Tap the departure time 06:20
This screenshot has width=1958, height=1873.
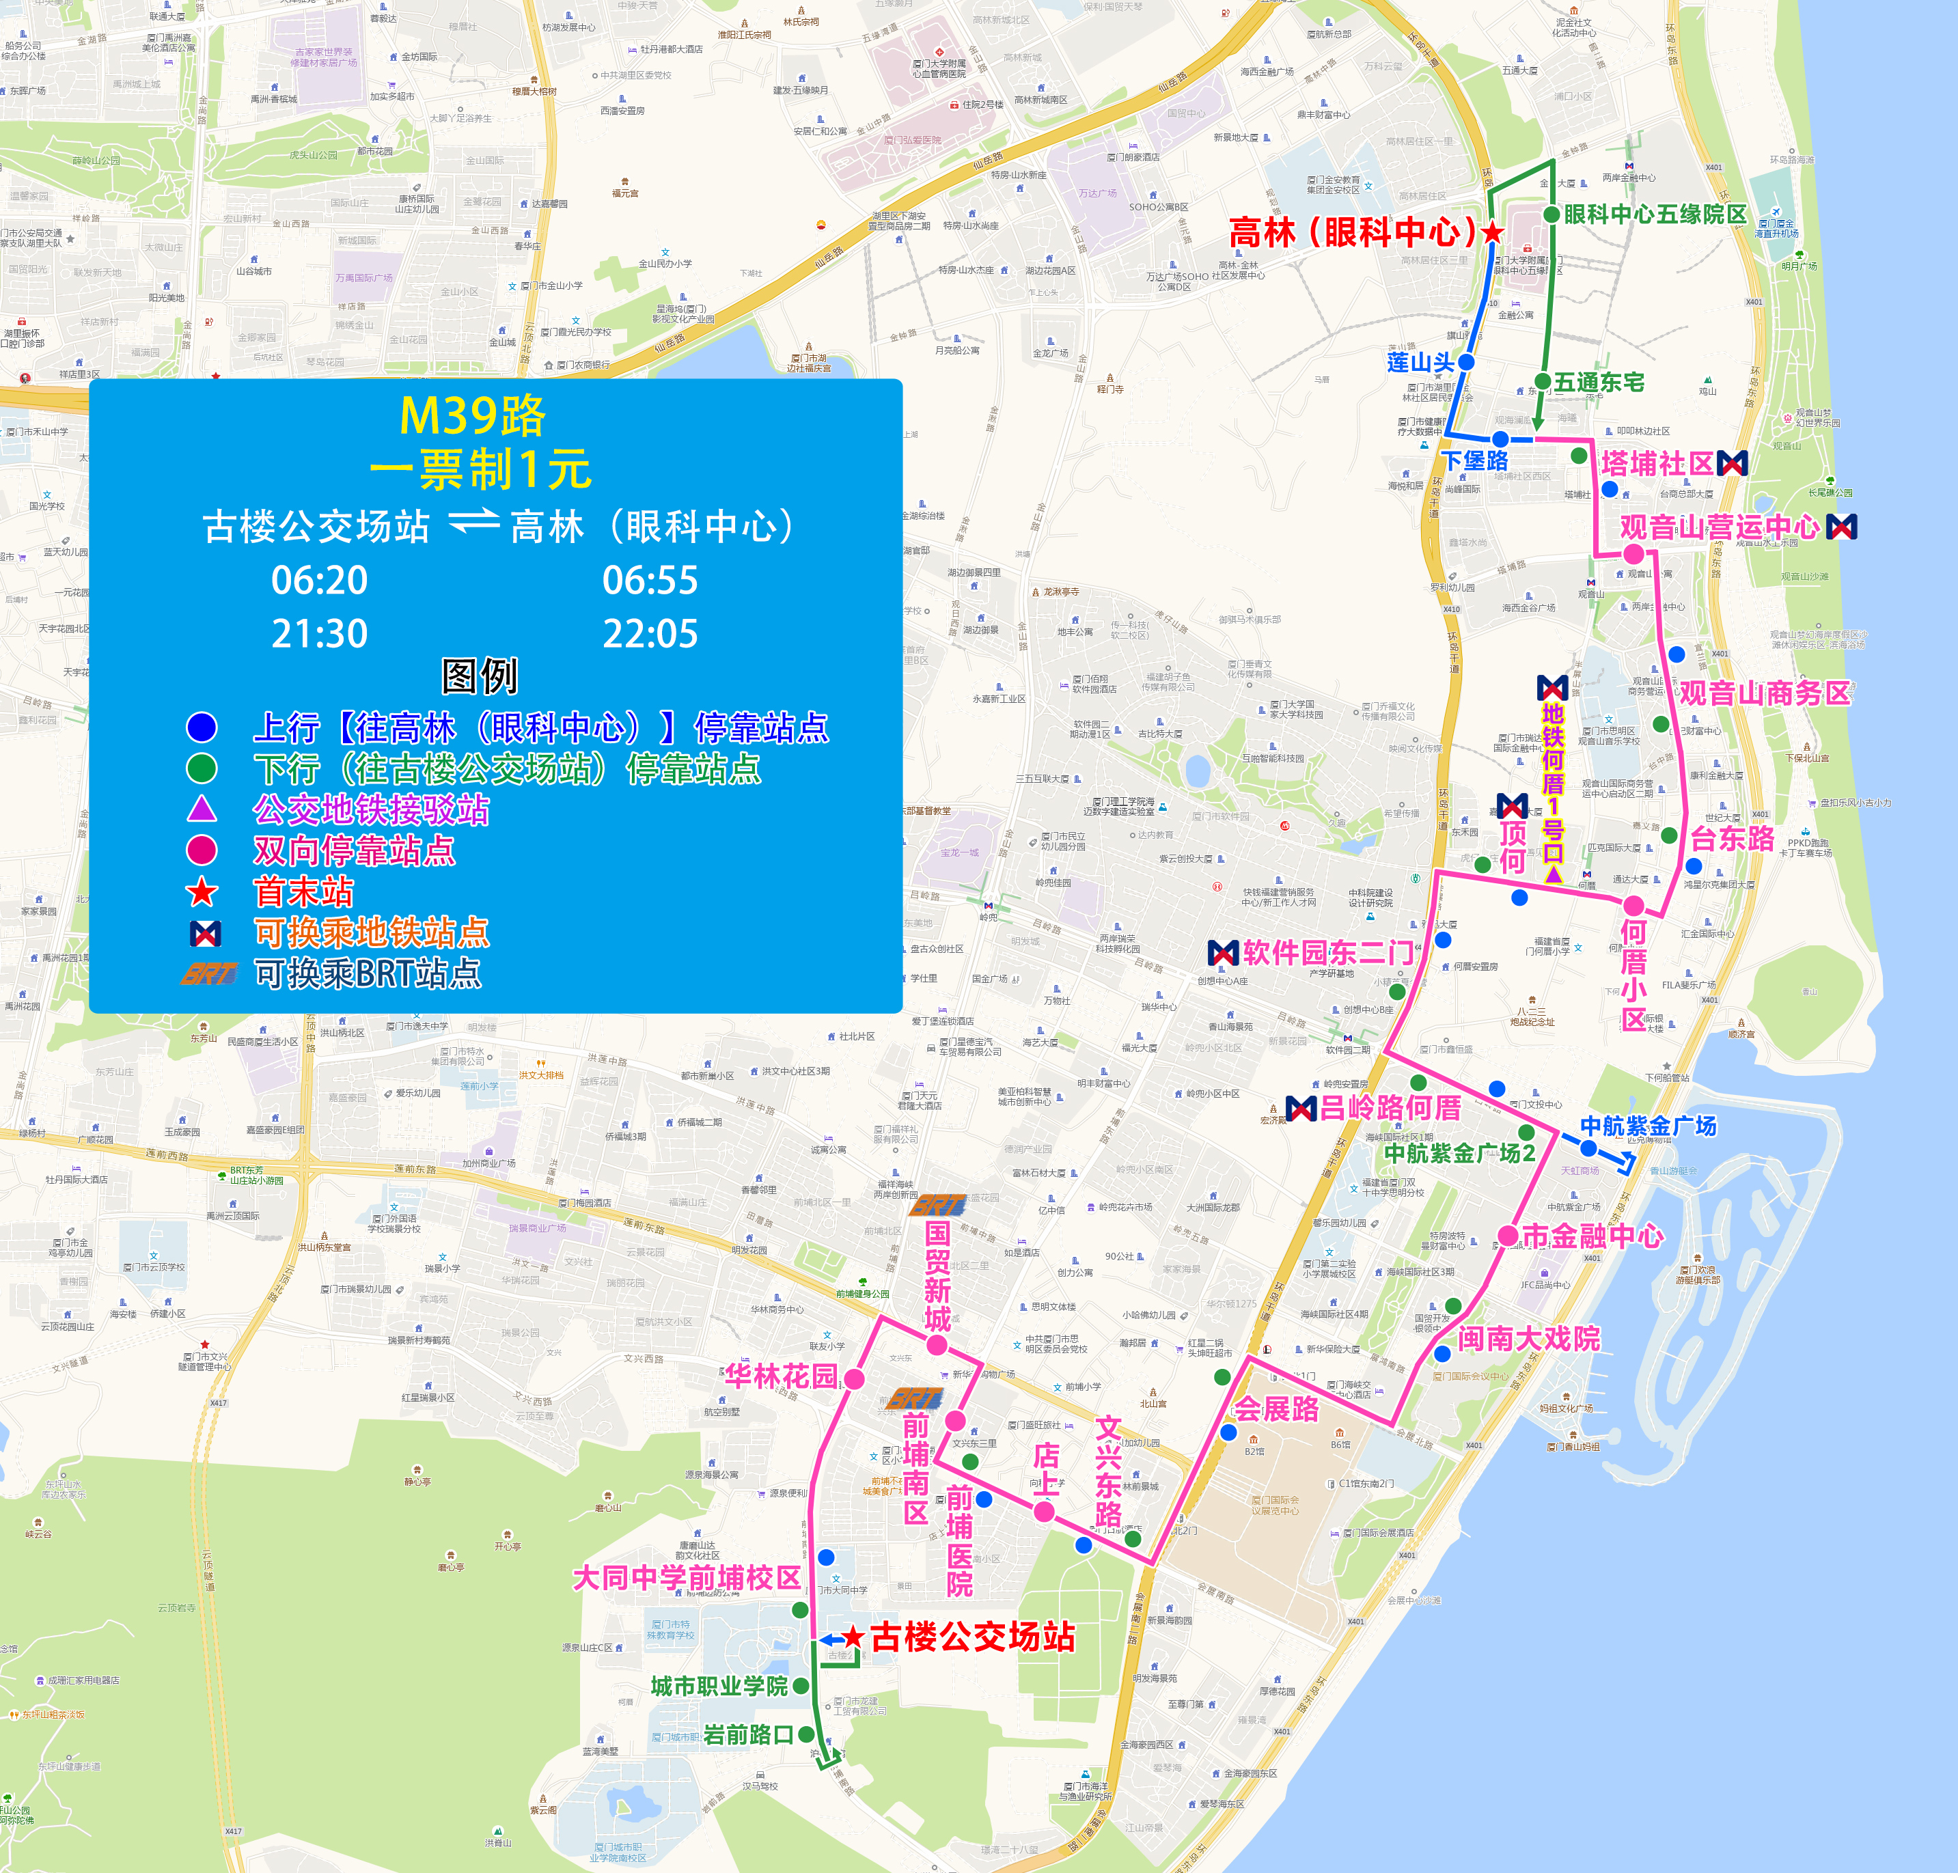point(320,580)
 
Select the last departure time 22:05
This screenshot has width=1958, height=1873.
point(650,634)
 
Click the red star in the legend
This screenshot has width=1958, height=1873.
point(202,891)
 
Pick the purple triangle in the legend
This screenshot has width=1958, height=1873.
point(202,809)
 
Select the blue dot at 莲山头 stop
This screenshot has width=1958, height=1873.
point(1465,361)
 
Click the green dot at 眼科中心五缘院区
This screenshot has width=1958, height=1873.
point(1552,214)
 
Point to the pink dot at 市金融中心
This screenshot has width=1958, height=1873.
point(1508,1236)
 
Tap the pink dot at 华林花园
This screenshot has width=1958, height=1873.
point(854,1378)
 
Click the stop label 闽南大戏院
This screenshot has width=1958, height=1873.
point(1529,1339)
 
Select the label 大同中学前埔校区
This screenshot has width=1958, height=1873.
point(687,1577)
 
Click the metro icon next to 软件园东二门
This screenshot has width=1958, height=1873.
point(1223,954)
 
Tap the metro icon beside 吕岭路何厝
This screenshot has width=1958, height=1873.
point(1301,1108)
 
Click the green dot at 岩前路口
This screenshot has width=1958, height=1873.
point(805,1734)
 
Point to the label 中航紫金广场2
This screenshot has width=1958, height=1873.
point(1459,1153)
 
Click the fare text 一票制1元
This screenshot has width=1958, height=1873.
point(480,469)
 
